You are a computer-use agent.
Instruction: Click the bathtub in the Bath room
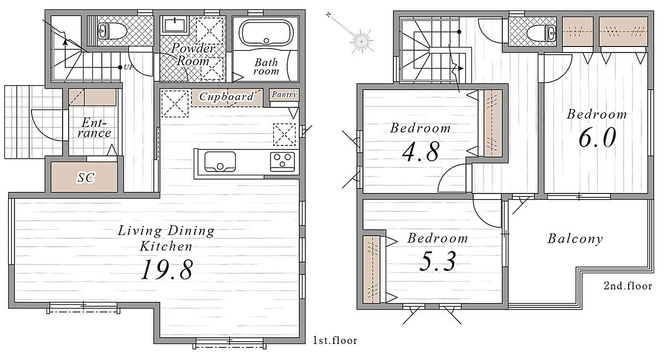coord(266,33)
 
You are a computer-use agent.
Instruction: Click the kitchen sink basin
coord(220,162)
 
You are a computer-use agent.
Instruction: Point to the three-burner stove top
coord(282,162)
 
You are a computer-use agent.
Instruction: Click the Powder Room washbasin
coord(174,24)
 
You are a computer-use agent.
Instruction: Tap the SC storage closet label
coord(86,178)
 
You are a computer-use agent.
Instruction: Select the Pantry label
coord(284,95)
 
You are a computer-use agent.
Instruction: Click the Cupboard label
coord(226,97)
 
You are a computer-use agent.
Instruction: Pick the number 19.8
coord(167,269)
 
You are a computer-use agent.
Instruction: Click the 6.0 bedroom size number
coord(597,138)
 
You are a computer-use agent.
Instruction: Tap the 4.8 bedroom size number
coord(421,152)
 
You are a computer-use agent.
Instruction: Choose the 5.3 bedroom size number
coord(438,261)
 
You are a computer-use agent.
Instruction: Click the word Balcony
coord(575,239)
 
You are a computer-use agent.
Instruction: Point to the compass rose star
coord(361,41)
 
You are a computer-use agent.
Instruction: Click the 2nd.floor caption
coord(628,286)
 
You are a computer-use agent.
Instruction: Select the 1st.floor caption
coord(335,341)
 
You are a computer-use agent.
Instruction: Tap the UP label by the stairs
coord(128,67)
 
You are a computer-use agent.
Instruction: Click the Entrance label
coord(94,128)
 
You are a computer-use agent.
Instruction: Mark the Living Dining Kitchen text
coord(166,238)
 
